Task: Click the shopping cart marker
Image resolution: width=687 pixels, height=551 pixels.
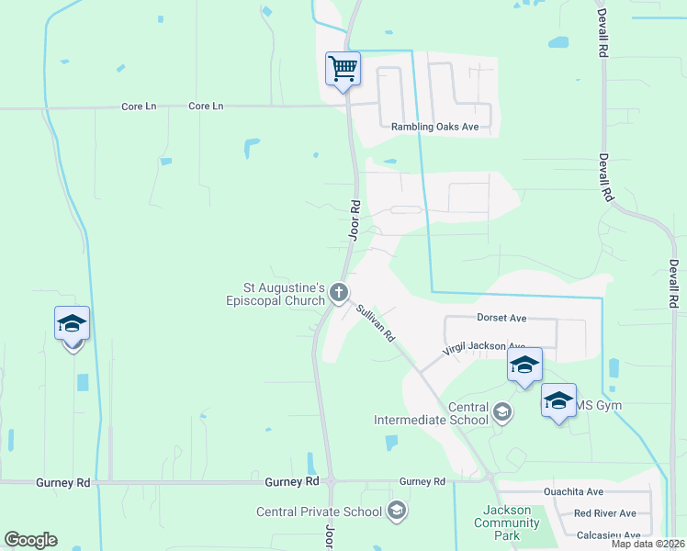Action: (x=343, y=68)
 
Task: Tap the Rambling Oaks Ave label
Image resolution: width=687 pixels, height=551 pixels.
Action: (x=435, y=127)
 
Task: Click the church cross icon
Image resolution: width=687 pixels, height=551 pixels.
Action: (x=339, y=293)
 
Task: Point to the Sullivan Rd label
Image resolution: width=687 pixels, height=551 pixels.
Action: (x=376, y=324)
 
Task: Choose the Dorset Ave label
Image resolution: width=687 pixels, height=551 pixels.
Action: (x=501, y=318)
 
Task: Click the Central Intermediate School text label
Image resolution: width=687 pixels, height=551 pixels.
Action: (x=432, y=413)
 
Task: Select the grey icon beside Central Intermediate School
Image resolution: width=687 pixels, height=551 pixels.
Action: (x=502, y=412)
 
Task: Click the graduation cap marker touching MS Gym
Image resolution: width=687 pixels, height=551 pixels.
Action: (x=558, y=400)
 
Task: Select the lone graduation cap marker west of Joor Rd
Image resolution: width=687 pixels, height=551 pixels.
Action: (x=72, y=324)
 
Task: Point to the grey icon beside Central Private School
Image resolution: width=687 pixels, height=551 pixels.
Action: (x=396, y=511)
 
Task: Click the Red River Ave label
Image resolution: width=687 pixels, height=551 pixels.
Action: (x=604, y=513)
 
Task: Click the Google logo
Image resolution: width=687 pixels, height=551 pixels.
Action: (x=30, y=540)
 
